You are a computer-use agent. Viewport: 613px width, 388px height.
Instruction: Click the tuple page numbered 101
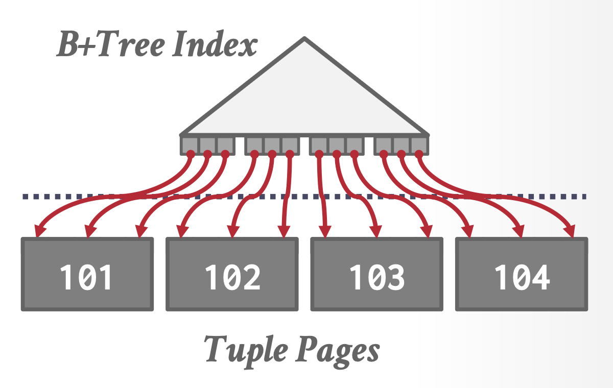tap(87, 274)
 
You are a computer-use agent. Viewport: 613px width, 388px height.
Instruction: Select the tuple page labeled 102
tap(232, 274)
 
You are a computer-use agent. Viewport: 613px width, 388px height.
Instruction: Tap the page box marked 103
tap(377, 274)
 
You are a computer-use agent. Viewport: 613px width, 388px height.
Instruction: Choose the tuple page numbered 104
tap(522, 274)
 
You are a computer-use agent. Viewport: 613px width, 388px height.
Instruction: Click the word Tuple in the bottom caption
tap(240, 350)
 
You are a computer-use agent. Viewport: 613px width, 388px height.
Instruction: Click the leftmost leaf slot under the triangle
tap(190, 144)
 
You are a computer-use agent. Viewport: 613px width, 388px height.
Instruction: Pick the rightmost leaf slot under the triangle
tap(419, 144)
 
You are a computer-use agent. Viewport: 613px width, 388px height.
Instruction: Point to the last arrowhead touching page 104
tap(571, 233)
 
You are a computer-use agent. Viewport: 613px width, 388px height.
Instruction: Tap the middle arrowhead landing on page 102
tap(233, 233)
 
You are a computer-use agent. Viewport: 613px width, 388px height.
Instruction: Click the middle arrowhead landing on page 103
tap(377, 233)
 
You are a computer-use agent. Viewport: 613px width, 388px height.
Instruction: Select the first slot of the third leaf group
tap(319, 144)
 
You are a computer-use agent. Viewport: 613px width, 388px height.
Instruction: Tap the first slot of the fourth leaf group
tap(384, 144)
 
